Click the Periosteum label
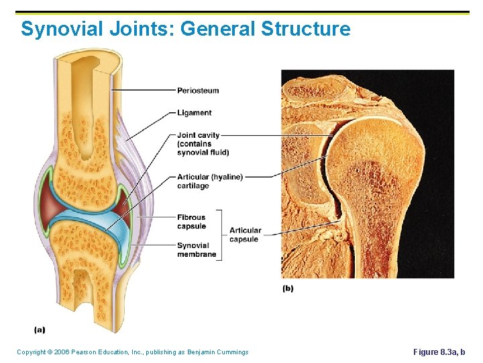(198, 91)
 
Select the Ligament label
(195, 113)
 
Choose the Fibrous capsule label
(191, 222)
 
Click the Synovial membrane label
(197, 250)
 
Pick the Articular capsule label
(245, 235)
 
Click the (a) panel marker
(40, 329)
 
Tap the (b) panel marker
(288, 288)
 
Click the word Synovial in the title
(58, 30)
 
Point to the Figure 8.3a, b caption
(439, 352)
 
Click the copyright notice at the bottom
(132, 352)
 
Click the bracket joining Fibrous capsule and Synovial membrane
(221, 235)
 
